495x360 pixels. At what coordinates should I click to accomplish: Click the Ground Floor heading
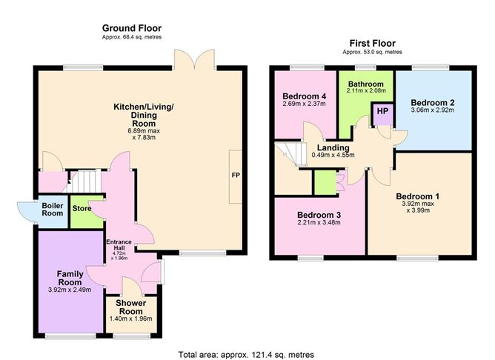point(132,28)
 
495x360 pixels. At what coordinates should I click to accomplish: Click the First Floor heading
point(372,43)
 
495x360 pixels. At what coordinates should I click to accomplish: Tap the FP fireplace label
point(236,175)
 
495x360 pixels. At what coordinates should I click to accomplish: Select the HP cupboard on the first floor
point(382,114)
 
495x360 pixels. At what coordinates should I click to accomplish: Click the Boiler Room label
point(53,210)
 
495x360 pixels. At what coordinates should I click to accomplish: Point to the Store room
point(87,212)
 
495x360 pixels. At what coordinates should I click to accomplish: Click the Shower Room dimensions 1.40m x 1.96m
point(130,319)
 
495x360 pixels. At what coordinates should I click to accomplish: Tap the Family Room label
point(70,278)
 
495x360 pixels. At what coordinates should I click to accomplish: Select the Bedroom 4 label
point(304,96)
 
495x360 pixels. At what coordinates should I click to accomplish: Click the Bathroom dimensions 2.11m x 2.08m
point(366,90)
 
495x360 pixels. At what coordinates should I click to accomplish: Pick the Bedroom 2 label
point(433,103)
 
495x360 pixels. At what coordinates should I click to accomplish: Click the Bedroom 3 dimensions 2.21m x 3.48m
point(319,222)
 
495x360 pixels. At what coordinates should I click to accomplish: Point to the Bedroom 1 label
point(417,196)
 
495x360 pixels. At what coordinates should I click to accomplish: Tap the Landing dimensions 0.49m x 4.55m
point(333,155)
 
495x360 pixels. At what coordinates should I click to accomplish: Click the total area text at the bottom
point(246,355)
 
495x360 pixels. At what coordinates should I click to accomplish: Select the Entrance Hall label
point(119,245)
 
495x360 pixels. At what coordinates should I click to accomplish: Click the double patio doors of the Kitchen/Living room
point(194,59)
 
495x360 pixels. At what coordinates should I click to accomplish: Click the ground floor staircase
point(83,181)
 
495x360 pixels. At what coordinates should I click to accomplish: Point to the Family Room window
point(70,336)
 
